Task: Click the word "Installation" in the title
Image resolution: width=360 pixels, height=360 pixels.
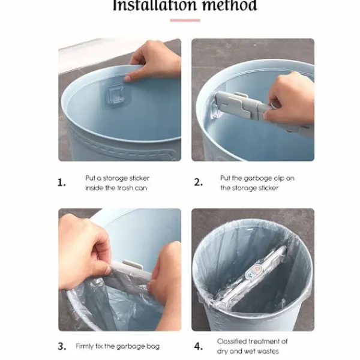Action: [155, 5]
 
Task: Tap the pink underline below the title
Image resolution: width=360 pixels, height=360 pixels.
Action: [185, 20]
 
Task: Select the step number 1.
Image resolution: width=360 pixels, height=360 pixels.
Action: [62, 183]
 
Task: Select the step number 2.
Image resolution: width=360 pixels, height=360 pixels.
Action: [199, 182]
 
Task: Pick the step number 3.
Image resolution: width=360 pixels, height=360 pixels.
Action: [62, 346]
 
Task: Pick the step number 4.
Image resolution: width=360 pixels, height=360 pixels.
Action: [199, 346]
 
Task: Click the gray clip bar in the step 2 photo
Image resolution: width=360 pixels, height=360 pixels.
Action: [262, 110]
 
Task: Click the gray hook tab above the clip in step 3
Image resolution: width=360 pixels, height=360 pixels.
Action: [133, 265]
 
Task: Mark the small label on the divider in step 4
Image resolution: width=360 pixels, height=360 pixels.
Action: [253, 271]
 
